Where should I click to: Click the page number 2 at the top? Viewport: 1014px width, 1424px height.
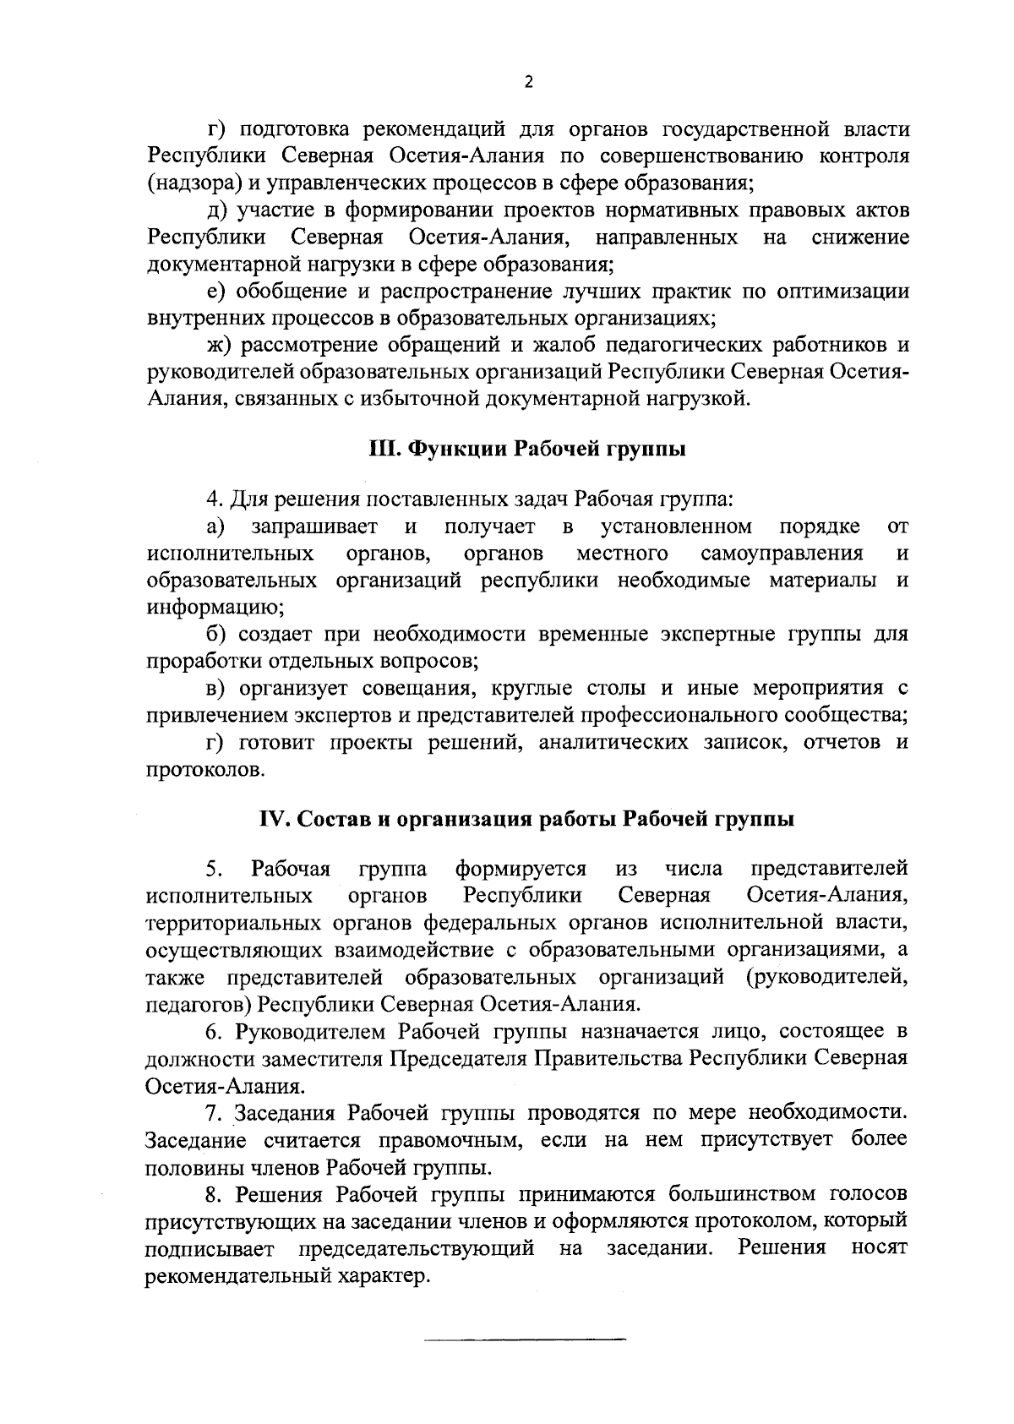click(529, 82)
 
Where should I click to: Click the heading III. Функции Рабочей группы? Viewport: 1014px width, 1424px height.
click(526, 449)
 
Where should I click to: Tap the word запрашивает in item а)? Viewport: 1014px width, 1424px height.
click(315, 527)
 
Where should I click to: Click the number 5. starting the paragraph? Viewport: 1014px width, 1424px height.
click(214, 869)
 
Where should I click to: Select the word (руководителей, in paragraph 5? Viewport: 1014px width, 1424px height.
click(826, 977)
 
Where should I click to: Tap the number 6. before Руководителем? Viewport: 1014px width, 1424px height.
click(215, 1032)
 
